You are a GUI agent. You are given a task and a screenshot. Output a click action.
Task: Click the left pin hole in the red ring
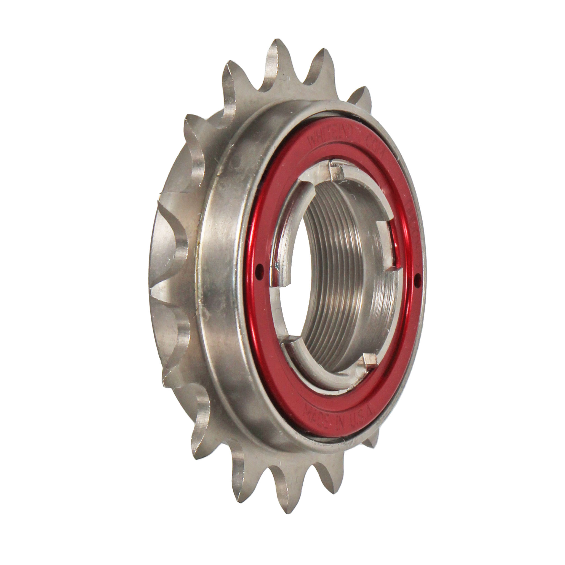[257, 267]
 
